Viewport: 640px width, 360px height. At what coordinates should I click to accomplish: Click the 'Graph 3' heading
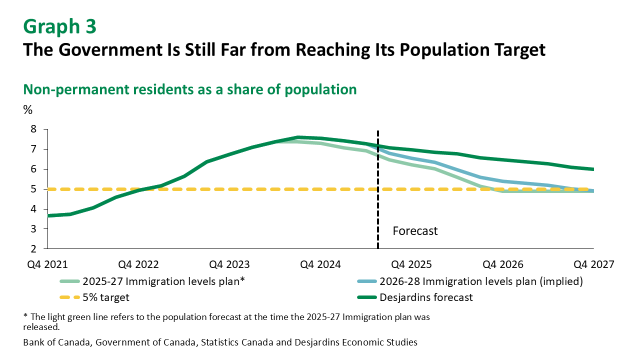[60, 26]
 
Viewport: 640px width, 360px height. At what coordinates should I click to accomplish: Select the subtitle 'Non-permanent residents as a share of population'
[190, 89]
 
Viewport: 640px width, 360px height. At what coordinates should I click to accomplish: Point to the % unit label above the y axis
[27, 110]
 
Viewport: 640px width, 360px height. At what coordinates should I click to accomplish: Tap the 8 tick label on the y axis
[34, 129]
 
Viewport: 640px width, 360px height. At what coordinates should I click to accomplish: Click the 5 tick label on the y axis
[34, 189]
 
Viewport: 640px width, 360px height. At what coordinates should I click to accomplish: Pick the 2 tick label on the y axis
[34, 249]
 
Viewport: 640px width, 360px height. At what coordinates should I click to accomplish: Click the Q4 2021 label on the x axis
[47, 264]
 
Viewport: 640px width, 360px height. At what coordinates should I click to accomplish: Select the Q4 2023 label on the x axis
[230, 264]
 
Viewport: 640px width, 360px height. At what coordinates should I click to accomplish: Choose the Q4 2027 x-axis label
[593, 264]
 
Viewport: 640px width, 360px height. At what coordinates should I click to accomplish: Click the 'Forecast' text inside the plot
[415, 231]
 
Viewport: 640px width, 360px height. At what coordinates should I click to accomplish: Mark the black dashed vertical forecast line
[377, 210]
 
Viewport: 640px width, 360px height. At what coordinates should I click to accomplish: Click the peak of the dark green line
[298, 137]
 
